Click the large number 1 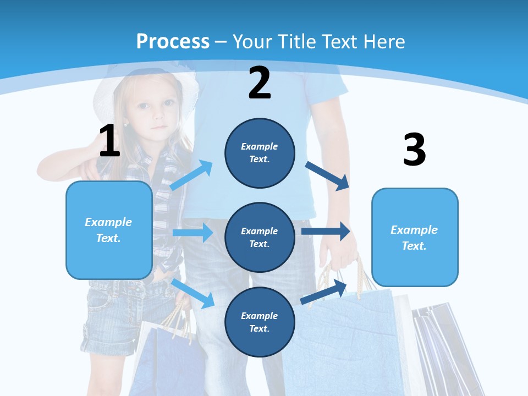tap(109, 141)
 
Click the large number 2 tap(260, 83)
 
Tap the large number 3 tap(414, 150)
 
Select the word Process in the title tap(173, 41)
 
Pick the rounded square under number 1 tap(109, 230)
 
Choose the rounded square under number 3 tap(415, 237)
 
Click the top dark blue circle tap(260, 153)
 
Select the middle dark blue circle tap(260, 237)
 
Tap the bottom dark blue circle tap(260, 322)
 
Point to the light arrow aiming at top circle tap(191, 175)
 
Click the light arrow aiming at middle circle tap(193, 233)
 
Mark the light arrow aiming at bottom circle tap(193, 293)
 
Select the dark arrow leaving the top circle tap(328, 175)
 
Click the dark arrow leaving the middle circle tap(326, 231)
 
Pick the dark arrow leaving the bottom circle tap(323, 291)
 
